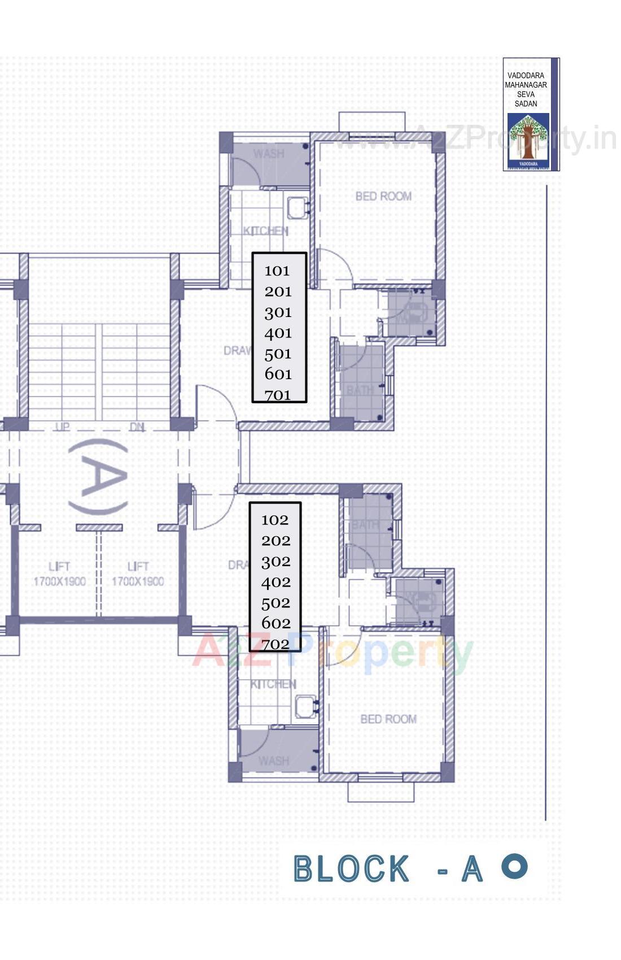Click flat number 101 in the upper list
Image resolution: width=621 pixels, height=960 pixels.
pos(277,271)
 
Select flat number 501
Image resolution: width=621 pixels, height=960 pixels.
pos(278,354)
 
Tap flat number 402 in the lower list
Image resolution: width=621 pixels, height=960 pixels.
pos(276,582)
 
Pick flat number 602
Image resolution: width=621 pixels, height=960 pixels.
pos(276,623)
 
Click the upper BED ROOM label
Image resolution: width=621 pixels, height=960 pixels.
pos(383,196)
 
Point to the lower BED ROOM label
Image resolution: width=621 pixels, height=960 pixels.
pos(388,719)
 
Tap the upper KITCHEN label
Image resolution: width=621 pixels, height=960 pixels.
pos(266,231)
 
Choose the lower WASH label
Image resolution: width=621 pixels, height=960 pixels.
pos(274,761)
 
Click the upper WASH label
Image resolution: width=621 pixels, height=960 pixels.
pos(269,154)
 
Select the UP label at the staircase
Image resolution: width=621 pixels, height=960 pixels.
pos(62,427)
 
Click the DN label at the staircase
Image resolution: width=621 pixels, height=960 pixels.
pos(137,427)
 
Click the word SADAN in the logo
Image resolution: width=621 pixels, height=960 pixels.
pos(526,104)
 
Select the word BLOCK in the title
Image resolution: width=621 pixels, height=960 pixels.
pos(351,869)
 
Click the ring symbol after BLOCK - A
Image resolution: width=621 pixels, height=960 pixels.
pos(514,866)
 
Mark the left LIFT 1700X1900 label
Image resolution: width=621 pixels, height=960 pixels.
pos(59,574)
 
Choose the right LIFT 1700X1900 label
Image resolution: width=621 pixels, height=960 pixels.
pos(138,574)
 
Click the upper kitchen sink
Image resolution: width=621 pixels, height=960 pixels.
pos(297,207)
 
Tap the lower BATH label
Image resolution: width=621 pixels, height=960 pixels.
pos(365,525)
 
